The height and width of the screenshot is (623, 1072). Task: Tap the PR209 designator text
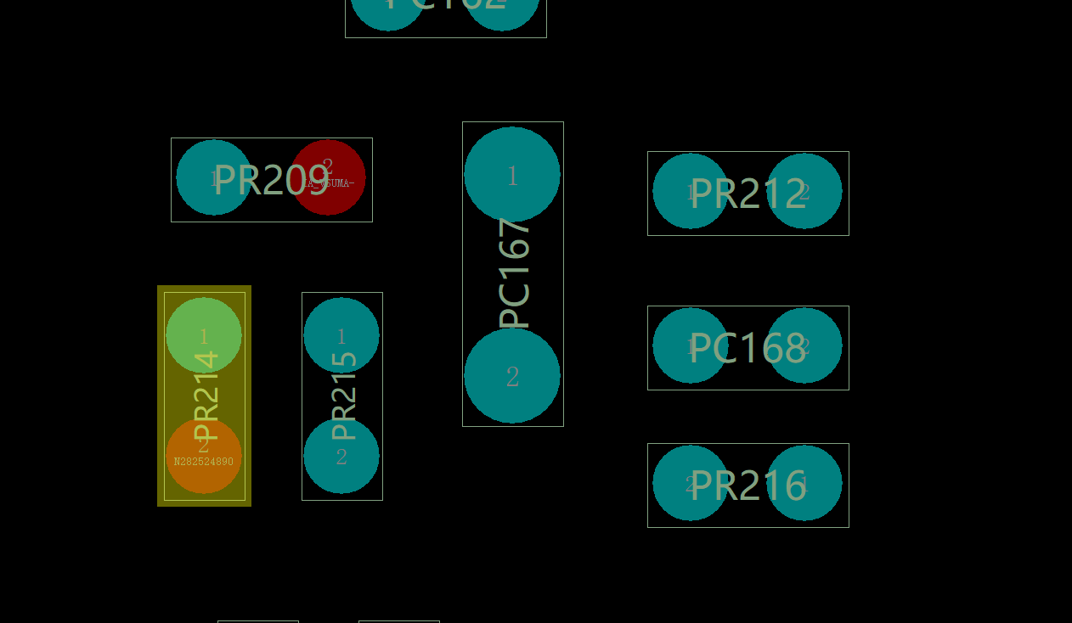tap(271, 180)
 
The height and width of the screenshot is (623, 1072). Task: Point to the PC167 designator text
tap(515, 273)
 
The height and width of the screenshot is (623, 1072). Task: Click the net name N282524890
tap(204, 462)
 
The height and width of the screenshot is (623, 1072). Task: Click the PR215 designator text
tap(343, 396)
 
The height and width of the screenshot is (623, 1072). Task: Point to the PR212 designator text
tap(748, 194)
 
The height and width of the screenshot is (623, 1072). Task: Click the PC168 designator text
tap(748, 348)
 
